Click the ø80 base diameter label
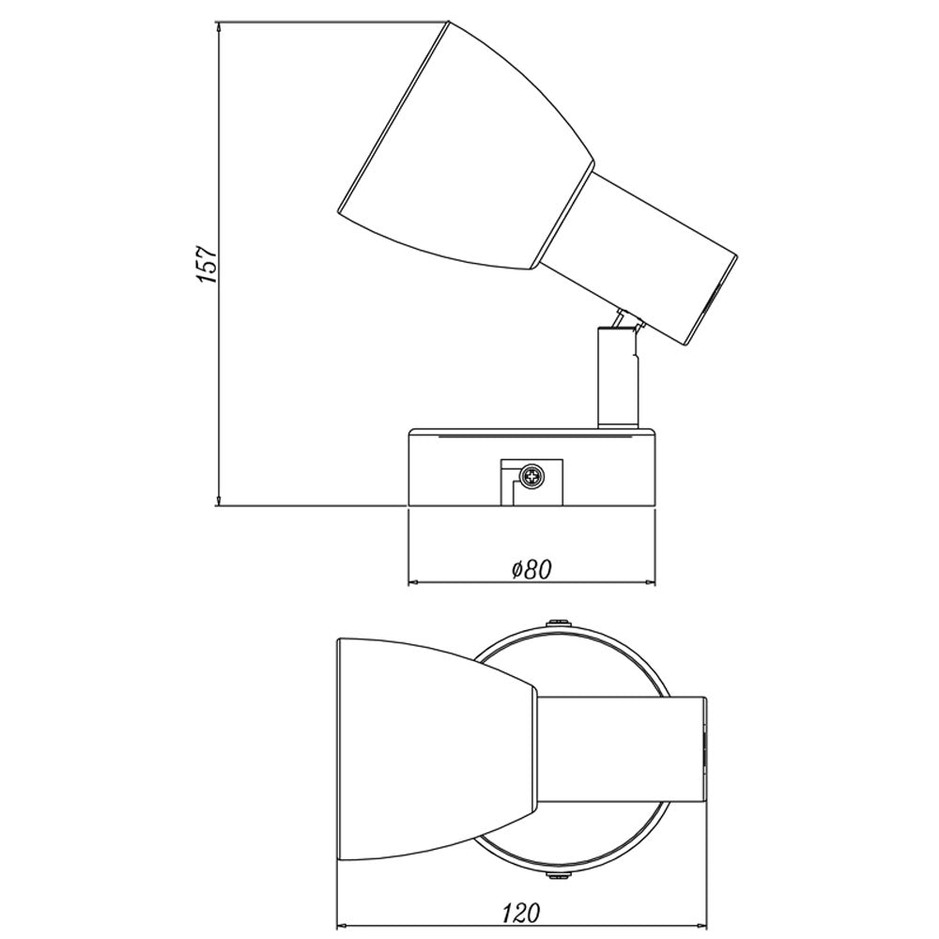coord(531,569)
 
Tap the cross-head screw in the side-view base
coord(531,477)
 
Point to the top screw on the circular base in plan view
coord(558,623)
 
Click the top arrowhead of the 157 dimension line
coord(219,29)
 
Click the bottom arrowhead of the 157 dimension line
coord(219,500)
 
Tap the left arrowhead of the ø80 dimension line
coord(415,581)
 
